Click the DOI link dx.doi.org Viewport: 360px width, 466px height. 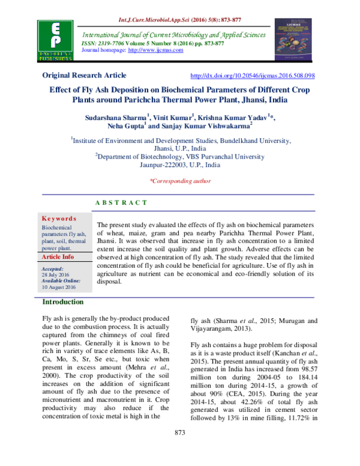pyautogui.click(x=252, y=76)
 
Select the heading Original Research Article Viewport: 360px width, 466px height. pyautogui.click(x=84, y=76)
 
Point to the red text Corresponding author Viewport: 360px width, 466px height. pyautogui.click(x=179, y=181)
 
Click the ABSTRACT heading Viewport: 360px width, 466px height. pyautogui.click(x=121, y=204)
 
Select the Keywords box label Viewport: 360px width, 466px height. pyautogui.click(x=58, y=219)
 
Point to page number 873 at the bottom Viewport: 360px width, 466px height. pyautogui.click(x=180, y=450)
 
